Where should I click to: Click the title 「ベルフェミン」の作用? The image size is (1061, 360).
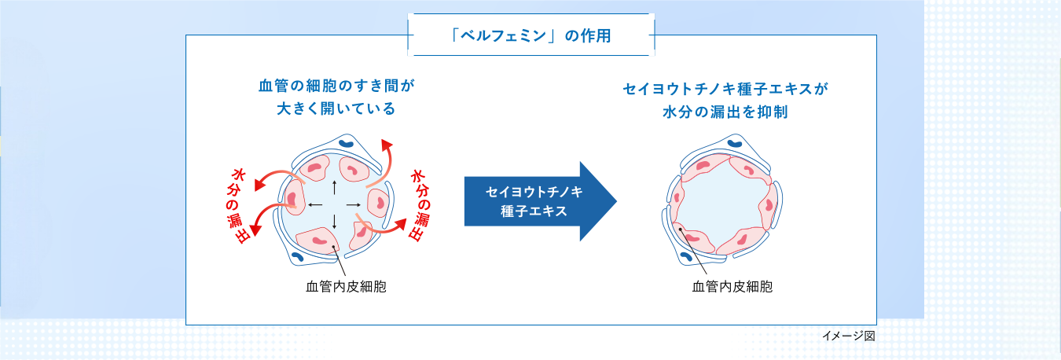coord(530,36)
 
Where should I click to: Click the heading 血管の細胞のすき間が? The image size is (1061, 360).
coord(336,85)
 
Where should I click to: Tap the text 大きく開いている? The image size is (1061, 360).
coord(336,108)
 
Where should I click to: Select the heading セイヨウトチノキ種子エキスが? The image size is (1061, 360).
coord(725,89)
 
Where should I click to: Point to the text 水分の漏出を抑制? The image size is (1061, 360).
coord(725,112)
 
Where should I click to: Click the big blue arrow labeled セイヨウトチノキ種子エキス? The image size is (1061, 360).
coord(539,201)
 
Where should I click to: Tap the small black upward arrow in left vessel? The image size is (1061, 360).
coord(336,188)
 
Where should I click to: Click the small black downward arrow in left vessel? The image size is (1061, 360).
coord(336,222)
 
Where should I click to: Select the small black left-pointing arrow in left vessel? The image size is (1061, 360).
coord(315,205)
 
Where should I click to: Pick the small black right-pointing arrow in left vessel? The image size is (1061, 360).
coord(354,205)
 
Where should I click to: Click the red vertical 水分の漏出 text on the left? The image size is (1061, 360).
coord(238,205)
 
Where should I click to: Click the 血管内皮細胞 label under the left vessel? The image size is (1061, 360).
coord(346,288)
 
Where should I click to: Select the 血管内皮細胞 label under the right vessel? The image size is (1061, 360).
coord(732,288)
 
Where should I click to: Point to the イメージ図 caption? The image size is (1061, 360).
coord(848,336)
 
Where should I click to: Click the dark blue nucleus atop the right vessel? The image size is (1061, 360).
coord(735,144)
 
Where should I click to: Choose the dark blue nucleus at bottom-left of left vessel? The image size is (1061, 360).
coord(298,256)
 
